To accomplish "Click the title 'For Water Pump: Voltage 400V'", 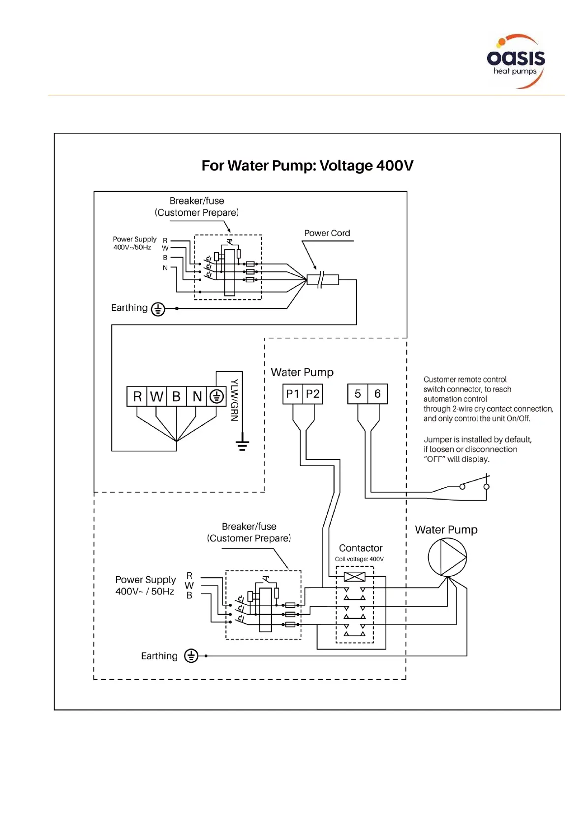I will [308, 166].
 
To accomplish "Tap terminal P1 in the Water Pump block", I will [293, 394].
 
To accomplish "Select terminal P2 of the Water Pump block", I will [313, 394].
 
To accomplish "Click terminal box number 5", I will [358, 394].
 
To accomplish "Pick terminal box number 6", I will [377, 394].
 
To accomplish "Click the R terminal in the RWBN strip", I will [137, 396].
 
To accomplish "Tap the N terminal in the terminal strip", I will [197, 396].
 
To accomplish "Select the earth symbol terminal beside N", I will [216, 396].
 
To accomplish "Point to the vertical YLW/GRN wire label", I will [235, 400].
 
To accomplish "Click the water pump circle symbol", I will [447, 557].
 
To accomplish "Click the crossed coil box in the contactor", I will [354, 577].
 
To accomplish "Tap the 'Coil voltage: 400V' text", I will [359, 559].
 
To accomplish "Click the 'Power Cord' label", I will [327, 233].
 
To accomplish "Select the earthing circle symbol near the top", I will [158, 309].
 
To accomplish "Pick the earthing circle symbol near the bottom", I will [191, 656].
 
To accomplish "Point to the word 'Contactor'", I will [361, 548].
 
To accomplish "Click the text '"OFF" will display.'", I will [456, 459].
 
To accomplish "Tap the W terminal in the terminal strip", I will [156, 396].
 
